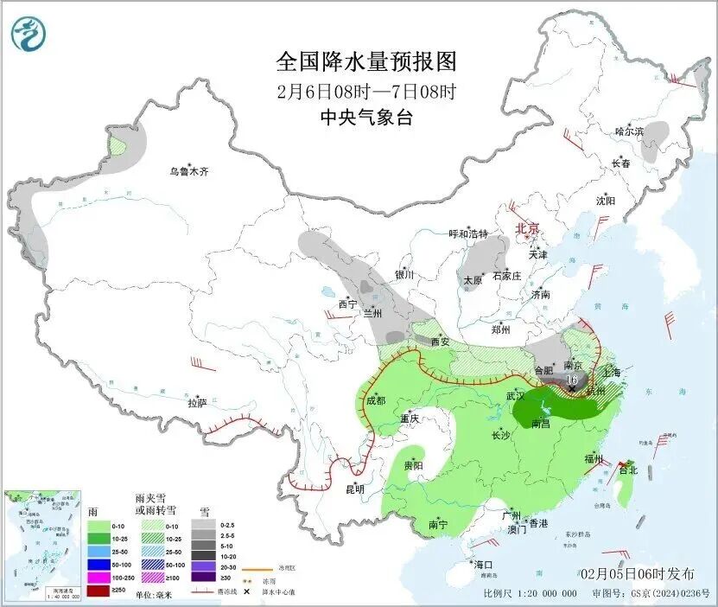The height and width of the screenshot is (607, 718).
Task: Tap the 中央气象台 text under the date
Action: point(365,118)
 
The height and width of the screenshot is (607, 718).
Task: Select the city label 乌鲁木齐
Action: point(188,172)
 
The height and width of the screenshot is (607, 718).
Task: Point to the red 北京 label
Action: point(527,229)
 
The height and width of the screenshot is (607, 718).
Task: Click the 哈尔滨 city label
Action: point(629,131)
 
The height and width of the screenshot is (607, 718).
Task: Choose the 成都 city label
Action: point(375,400)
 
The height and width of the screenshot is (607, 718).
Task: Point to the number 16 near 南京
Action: point(571,379)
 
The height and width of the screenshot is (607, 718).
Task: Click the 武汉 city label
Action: point(517,396)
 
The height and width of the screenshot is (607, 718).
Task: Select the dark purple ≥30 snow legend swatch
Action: point(203,577)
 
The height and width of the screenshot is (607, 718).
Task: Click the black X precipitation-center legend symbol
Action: point(248,591)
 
